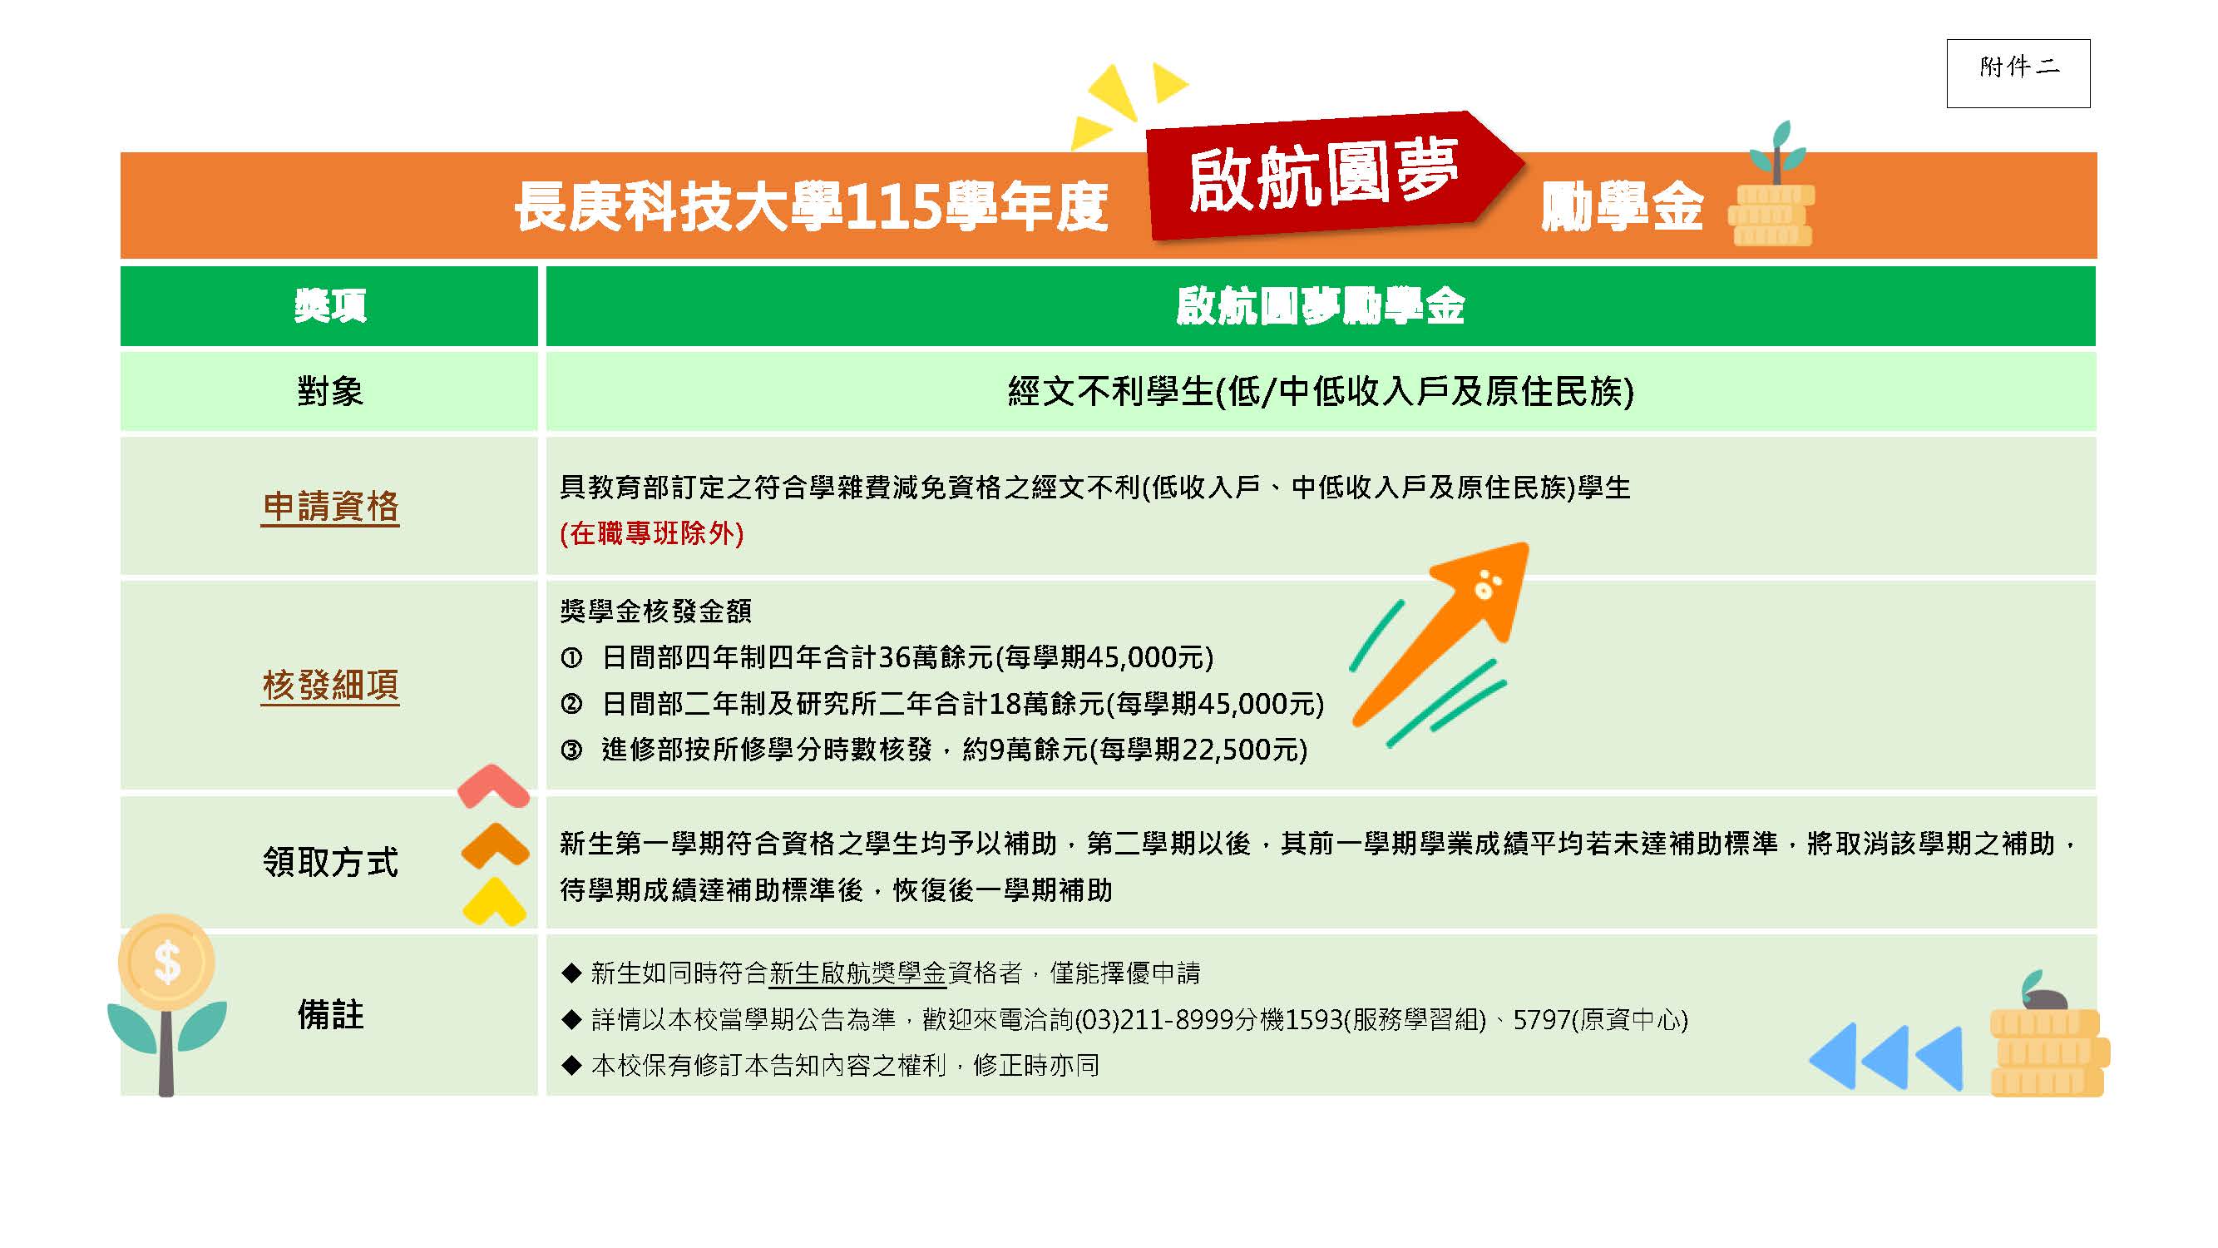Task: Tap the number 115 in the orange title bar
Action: (894, 207)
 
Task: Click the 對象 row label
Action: (330, 392)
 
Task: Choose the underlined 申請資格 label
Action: (330, 507)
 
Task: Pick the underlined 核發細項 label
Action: (330, 686)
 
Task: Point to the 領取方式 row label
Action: (330, 861)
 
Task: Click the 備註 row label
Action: (330, 1014)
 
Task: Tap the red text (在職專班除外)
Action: (652, 533)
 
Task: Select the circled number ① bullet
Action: (571, 659)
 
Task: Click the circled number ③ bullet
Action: (571, 750)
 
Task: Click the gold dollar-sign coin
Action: (166, 961)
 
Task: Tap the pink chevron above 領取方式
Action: (492, 785)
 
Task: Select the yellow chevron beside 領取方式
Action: (494, 902)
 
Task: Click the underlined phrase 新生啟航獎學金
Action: (857, 973)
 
